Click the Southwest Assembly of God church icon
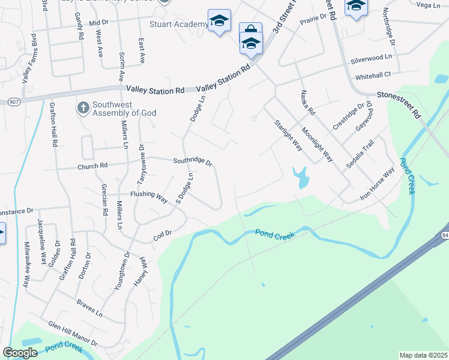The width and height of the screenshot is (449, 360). (83, 108)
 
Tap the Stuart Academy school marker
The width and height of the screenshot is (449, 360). (219, 21)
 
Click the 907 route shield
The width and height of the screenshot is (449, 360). (14, 102)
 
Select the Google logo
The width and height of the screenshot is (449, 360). (20, 353)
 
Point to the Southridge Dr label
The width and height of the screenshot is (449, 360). (193, 161)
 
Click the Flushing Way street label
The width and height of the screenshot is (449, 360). (149, 196)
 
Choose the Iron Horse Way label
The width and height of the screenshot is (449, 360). (377, 184)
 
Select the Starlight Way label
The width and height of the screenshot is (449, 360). (288, 135)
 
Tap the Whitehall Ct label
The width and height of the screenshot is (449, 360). (373, 75)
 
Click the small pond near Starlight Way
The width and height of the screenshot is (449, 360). (300, 177)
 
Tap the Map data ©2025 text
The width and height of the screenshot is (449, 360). (423, 355)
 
